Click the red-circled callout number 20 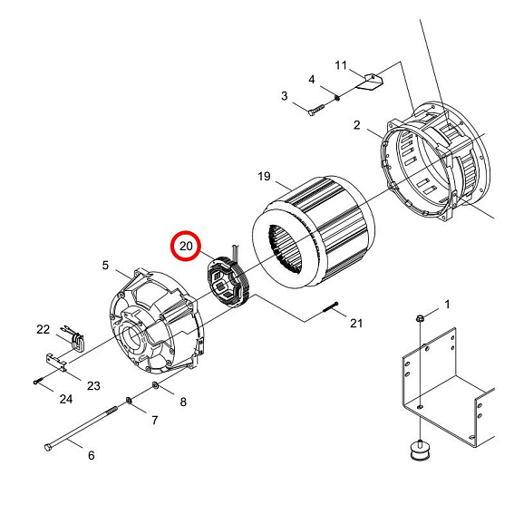point(187,246)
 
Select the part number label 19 point(264,175)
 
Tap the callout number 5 point(105,265)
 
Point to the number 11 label point(341,65)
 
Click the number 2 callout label point(357,124)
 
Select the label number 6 point(90,455)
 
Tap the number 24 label point(65,399)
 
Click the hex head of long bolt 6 point(48,446)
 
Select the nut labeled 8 point(157,388)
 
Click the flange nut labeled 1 point(422,318)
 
